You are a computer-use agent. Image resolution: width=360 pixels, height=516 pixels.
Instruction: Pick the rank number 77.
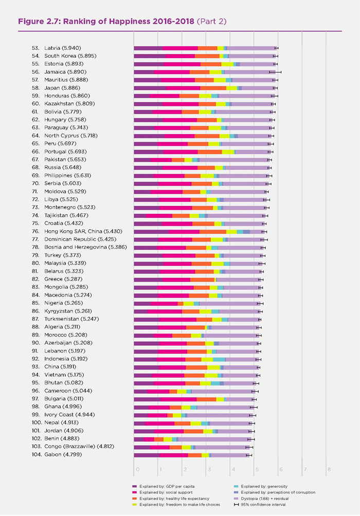35,239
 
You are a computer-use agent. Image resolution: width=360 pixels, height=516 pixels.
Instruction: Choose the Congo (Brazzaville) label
77,447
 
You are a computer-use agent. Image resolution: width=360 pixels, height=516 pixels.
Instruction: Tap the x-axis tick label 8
329,469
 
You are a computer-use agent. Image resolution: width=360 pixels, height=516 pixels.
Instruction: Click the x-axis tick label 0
137,469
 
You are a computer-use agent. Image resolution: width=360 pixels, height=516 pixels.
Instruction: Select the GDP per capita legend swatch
134,486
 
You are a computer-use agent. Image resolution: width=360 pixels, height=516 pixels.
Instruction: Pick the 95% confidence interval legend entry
262,505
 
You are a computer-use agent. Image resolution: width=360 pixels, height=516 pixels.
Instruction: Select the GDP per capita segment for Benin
139,439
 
